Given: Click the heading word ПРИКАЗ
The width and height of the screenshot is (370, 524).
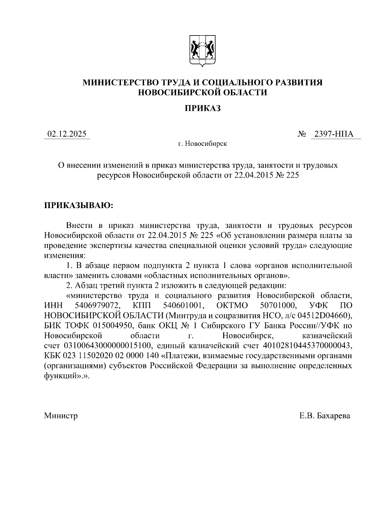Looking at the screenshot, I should (203, 108).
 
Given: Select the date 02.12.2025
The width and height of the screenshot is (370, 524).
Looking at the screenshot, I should (67, 134).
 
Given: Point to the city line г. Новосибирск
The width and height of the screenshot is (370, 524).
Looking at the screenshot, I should (202, 144).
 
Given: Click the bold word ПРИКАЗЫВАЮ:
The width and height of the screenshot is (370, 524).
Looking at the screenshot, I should (79, 206).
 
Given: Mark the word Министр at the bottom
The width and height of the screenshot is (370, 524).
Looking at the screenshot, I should (61, 416).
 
